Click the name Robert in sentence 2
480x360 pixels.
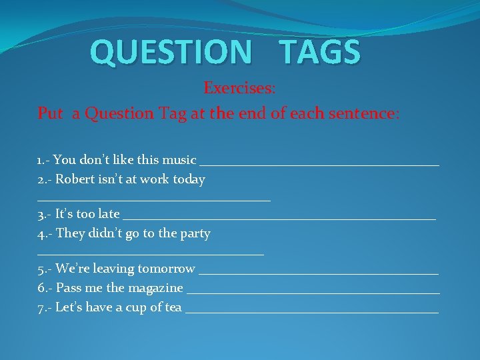pos(76,179)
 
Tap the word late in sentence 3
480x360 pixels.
pos(109,214)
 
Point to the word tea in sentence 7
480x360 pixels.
pos(173,307)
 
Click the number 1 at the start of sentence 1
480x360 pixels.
pos(40,160)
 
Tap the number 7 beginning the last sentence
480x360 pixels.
pos(41,307)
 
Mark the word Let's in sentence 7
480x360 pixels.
pos(70,307)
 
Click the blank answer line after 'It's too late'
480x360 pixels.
pos(279,217)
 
